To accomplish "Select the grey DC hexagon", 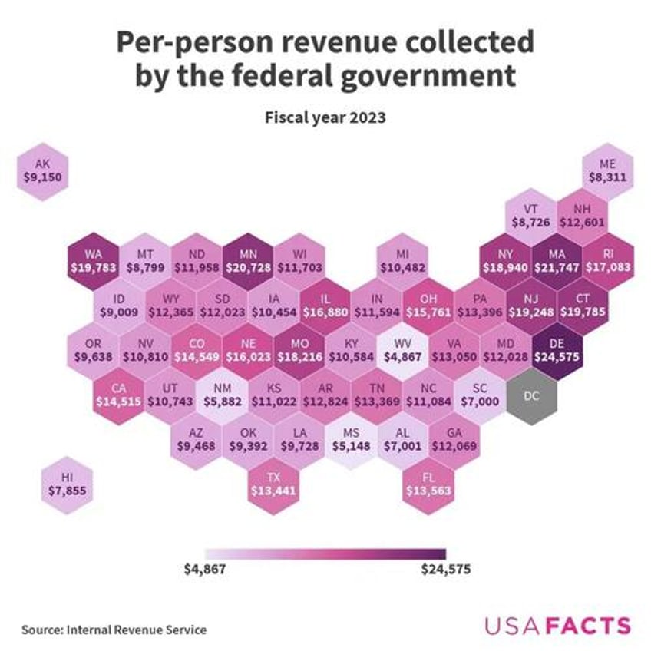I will pos(531,395).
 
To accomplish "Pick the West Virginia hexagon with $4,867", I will pos(403,350).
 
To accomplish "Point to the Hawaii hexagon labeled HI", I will pos(68,484).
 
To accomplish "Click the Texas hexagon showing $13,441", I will pos(273,484).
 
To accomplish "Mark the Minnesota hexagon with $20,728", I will pos(248,260).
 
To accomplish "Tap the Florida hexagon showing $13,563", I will pos(429,484).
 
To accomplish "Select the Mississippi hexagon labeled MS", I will pos(352,440).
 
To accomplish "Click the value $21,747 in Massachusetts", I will pos(557,268).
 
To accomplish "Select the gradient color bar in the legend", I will pos(325,553).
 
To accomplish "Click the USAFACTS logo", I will pos(557,625).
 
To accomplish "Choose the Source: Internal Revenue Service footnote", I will pos(114,630).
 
